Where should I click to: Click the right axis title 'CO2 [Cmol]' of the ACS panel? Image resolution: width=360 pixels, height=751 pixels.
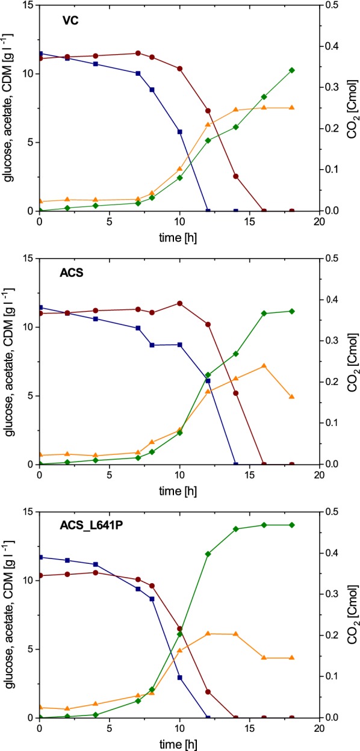click(x=352, y=361)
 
